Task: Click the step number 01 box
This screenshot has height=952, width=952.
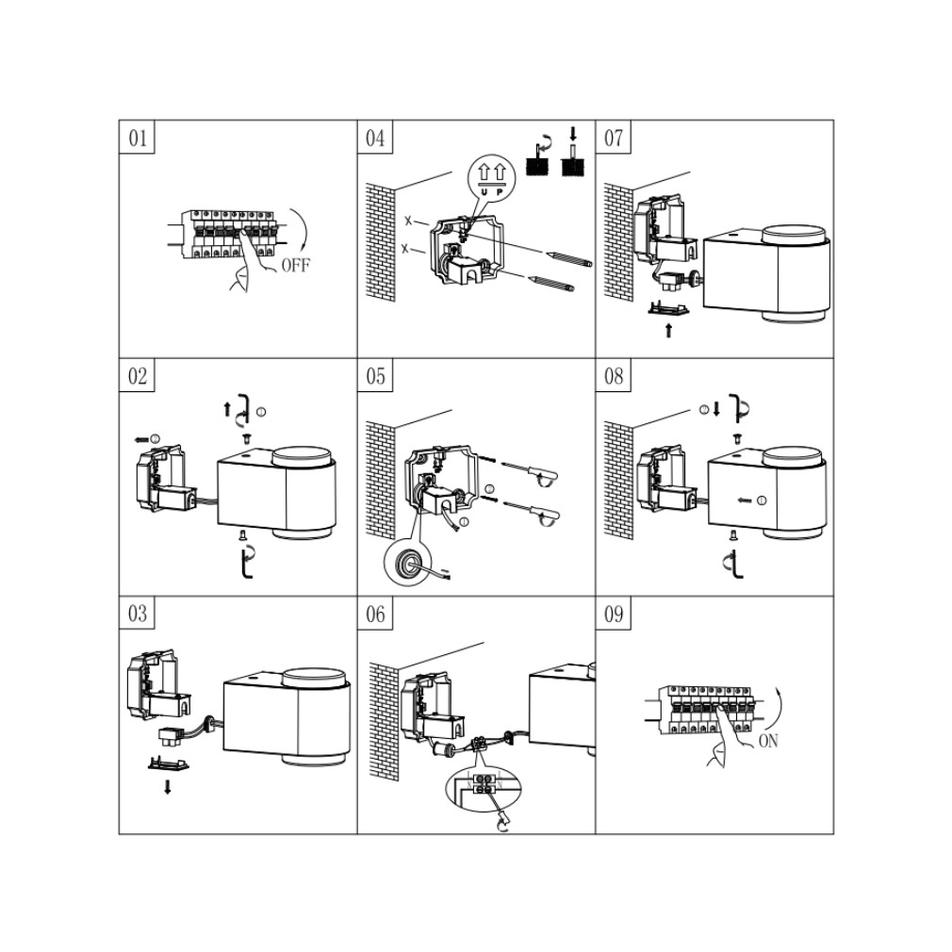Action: click(138, 139)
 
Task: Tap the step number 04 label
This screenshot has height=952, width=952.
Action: click(375, 139)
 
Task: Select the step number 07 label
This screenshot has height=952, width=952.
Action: click(614, 139)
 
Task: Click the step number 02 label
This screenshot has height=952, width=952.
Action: click(138, 377)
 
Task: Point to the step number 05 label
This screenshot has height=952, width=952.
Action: click(375, 377)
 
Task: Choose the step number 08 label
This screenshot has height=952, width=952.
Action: click(614, 377)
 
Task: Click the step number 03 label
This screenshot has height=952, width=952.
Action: click(138, 615)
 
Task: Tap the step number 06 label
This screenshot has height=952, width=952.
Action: click(375, 615)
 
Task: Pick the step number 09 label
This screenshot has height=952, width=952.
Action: click(614, 615)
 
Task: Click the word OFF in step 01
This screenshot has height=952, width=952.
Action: click(295, 265)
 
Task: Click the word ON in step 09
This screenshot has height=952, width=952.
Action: click(768, 741)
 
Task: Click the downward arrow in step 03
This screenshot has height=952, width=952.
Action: click(168, 787)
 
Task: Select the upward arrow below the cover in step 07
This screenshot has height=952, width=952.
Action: click(669, 331)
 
